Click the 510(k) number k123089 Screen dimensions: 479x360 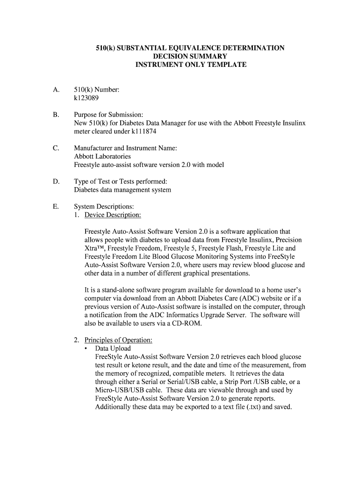click(x=86, y=98)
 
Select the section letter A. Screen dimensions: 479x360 click(x=56, y=89)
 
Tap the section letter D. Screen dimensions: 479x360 click(x=56, y=181)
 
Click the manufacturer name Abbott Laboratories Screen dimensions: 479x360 click(x=102, y=156)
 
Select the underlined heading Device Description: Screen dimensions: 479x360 click(x=113, y=215)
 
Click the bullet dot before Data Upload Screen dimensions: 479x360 click(x=86, y=348)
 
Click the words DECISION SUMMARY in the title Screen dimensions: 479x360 click(x=190, y=56)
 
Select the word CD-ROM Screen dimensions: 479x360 click(x=187, y=324)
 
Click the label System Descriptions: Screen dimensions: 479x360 click(x=104, y=206)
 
